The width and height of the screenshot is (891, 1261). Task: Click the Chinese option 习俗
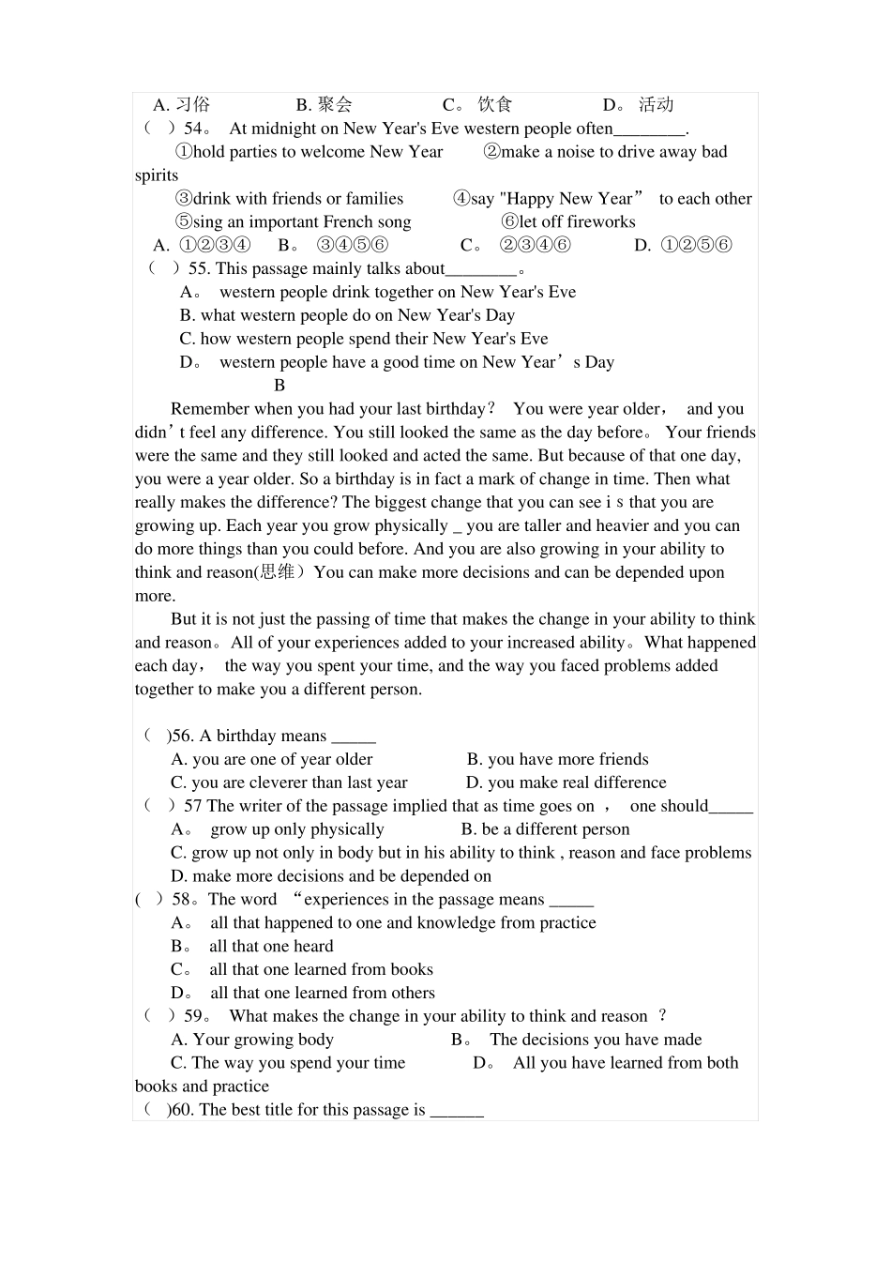(193, 105)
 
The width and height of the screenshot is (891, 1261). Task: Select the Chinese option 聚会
(335, 105)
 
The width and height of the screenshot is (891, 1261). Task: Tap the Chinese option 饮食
(495, 105)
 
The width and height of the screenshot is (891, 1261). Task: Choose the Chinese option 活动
(657, 105)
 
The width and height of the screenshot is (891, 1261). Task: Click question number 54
(193, 129)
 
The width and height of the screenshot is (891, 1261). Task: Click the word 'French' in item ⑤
(349, 222)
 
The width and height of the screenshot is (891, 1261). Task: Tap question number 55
(199, 269)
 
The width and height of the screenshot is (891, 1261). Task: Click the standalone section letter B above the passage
(279, 386)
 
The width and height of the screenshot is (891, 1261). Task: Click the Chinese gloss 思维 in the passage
(277, 572)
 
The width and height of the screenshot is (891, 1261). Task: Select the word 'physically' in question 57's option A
(347, 829)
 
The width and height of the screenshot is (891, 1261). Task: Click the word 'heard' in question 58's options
(310, 947)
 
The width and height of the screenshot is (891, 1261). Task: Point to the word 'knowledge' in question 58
(453, 923)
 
